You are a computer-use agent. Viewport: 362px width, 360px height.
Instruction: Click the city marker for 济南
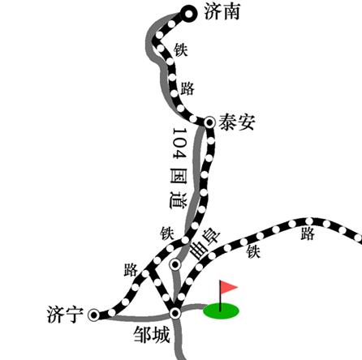[x=188, y=14]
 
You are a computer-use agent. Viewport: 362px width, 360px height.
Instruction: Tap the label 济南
[x=222, y=11]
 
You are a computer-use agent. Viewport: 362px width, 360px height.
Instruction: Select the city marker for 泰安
[x=209, y=122]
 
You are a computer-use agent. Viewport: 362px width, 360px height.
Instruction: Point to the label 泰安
[x=237, y=122]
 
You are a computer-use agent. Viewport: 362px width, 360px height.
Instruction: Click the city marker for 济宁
[x=94, y=315]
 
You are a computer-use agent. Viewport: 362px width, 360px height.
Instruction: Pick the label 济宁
[x=65, y=315]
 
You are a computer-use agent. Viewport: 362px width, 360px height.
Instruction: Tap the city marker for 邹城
[x=175, y=313]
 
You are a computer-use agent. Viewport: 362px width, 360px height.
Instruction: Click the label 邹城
[x=152, y=335]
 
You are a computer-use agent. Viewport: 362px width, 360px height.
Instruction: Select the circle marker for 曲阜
[x=175, y=264]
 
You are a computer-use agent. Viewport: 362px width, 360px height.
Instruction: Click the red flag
[x=228, y=287]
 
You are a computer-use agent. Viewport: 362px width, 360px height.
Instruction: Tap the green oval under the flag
[x=222, y=311]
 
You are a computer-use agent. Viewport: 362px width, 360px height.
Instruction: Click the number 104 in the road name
[x=179, y=144]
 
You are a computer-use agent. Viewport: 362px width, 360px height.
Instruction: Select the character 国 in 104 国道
[x=179, y=176]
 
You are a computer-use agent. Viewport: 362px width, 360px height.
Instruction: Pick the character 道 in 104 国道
[x=179, y=200]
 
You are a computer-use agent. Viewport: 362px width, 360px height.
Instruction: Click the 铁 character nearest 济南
[x=181, y=49]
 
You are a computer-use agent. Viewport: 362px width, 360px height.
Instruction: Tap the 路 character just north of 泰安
[x=187, y=88]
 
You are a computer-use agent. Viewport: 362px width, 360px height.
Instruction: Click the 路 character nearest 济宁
[x=131, y=270]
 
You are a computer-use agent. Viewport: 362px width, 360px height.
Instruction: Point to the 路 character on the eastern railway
[x=308, y=234]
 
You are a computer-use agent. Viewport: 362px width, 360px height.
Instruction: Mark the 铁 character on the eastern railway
[x=253, y=251]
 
